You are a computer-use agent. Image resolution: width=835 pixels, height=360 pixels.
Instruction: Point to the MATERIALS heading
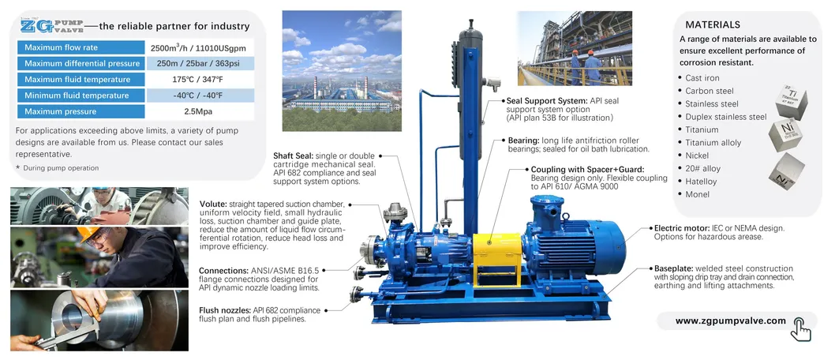(x=712, y=24)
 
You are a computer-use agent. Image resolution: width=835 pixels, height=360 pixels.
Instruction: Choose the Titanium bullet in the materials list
(x=702, y=129)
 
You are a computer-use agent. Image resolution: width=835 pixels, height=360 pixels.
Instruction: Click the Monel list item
(x=698, y=193)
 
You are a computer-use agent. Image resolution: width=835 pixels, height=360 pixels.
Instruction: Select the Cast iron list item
(x=702, y=78)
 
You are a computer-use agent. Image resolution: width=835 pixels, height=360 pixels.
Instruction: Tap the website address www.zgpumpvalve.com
(x=731, y=321)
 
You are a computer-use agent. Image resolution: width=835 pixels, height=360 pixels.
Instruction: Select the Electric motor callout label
(x=685, y=228)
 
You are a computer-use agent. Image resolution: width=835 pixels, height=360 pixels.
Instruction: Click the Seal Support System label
(x=546, y=101)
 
